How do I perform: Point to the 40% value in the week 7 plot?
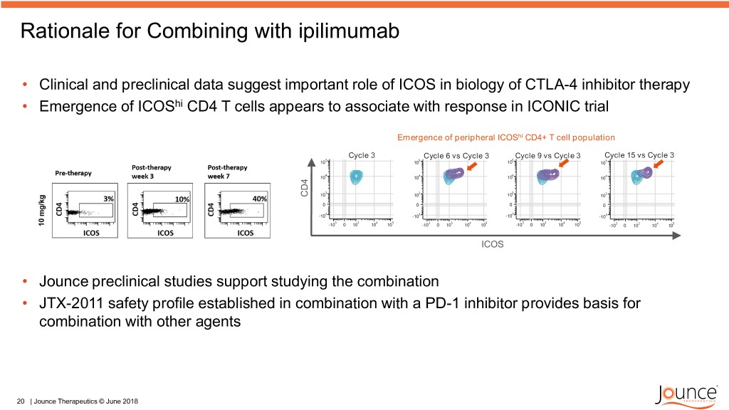pos(258,199)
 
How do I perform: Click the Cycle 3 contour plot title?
pos(362,155)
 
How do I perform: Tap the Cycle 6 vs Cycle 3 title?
pos(456,156)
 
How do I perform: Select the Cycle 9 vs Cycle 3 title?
pos(547,156)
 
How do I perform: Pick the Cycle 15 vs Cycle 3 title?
pos(639,155)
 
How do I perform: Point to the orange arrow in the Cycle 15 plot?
pos(659,165)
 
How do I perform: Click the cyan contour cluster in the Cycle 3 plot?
pos(356,177)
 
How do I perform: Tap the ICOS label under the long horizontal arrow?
pos(493,243)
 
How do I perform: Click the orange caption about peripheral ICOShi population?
pos(505,137)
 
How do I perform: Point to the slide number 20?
pos(20,401)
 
